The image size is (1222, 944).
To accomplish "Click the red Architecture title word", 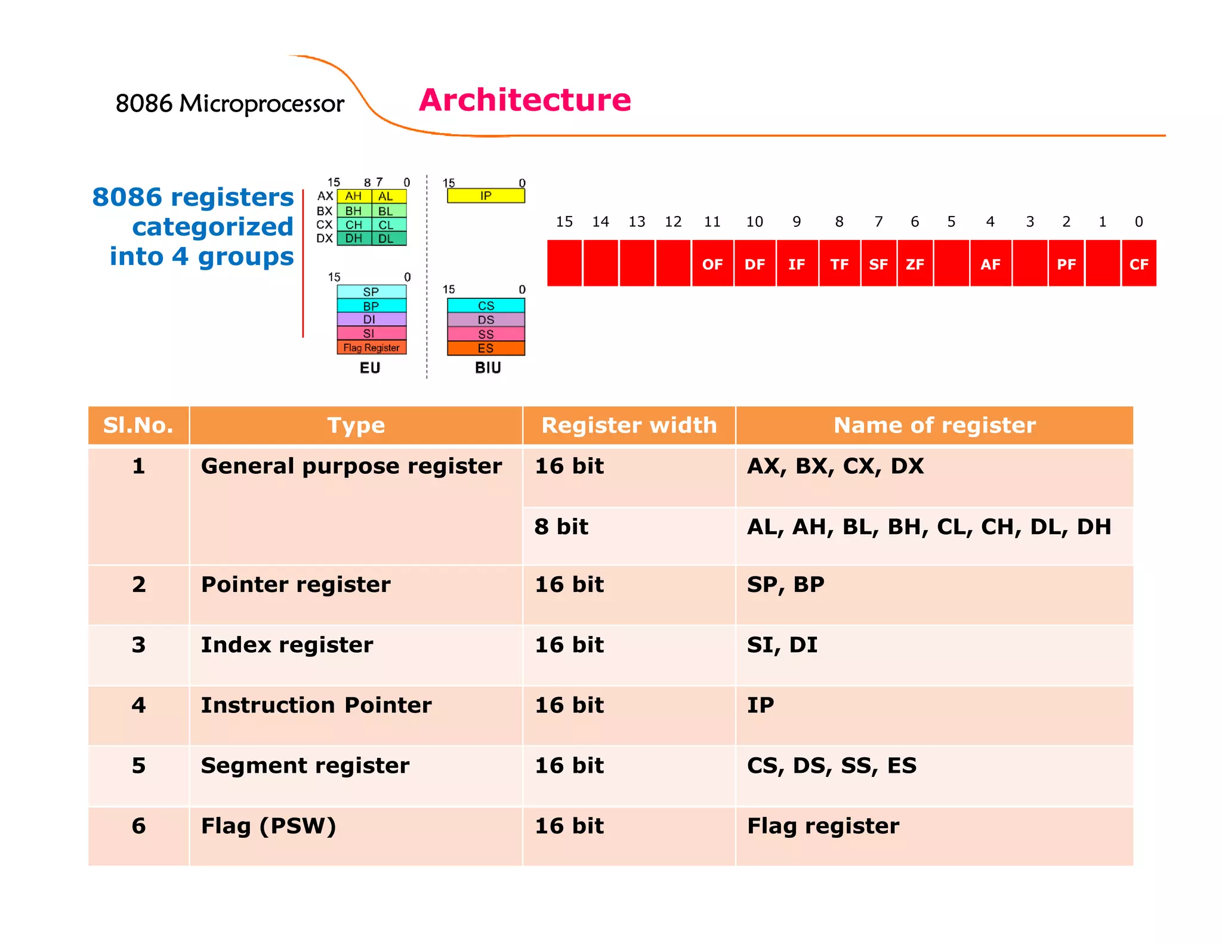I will (x=524, y=100).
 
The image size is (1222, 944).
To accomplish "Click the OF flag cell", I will (x=712, y=264).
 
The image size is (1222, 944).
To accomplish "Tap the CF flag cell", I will (x=1138, y=264).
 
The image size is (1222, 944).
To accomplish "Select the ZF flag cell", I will (x=915, y=264).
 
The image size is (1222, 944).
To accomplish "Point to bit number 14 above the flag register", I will (x=600, y=222).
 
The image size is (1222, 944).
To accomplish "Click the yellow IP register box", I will (x=486, y=196).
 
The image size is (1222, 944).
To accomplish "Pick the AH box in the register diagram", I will (x=353, y=196).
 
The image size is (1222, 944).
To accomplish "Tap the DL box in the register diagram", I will (x=386, y=239).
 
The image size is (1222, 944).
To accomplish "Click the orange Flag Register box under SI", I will (x=371, y=347).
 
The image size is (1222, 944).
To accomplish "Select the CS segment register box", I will (x=486, y=306).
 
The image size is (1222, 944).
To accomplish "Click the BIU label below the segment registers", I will (x=487, y=368).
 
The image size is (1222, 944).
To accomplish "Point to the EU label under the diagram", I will (x=370, y=368).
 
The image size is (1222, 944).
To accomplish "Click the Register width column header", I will (x=629, y=425).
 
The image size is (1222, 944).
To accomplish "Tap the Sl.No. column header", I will (x=138, y=425).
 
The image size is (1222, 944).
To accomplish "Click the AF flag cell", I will (x=990, y=264).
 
